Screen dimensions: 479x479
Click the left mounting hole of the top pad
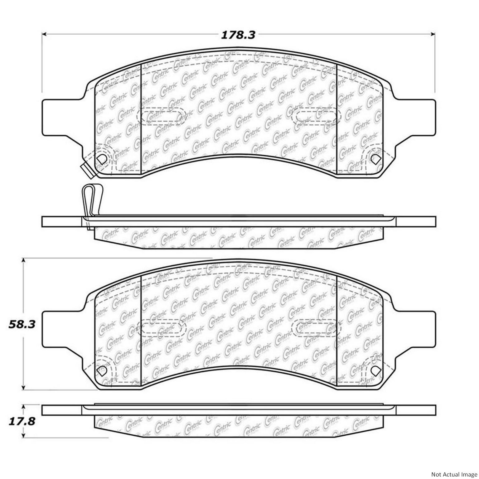tap(101, 159)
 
